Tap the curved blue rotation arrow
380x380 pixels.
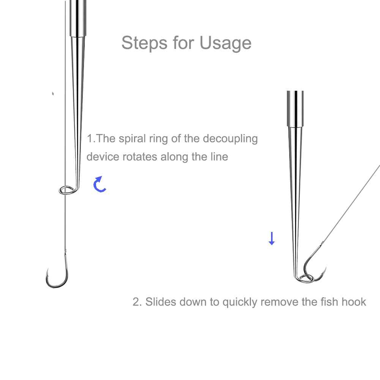pos(99,184)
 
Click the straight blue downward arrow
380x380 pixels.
pos(271,238)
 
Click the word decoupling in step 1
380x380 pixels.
pos(230,139)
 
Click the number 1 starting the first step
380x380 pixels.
pos(90,139)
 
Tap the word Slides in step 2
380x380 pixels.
pos(161,302)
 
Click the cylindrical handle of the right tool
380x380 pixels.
pos(295,108)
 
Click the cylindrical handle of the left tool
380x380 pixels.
pos(78,17)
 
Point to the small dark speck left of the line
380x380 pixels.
pos(53,93)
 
